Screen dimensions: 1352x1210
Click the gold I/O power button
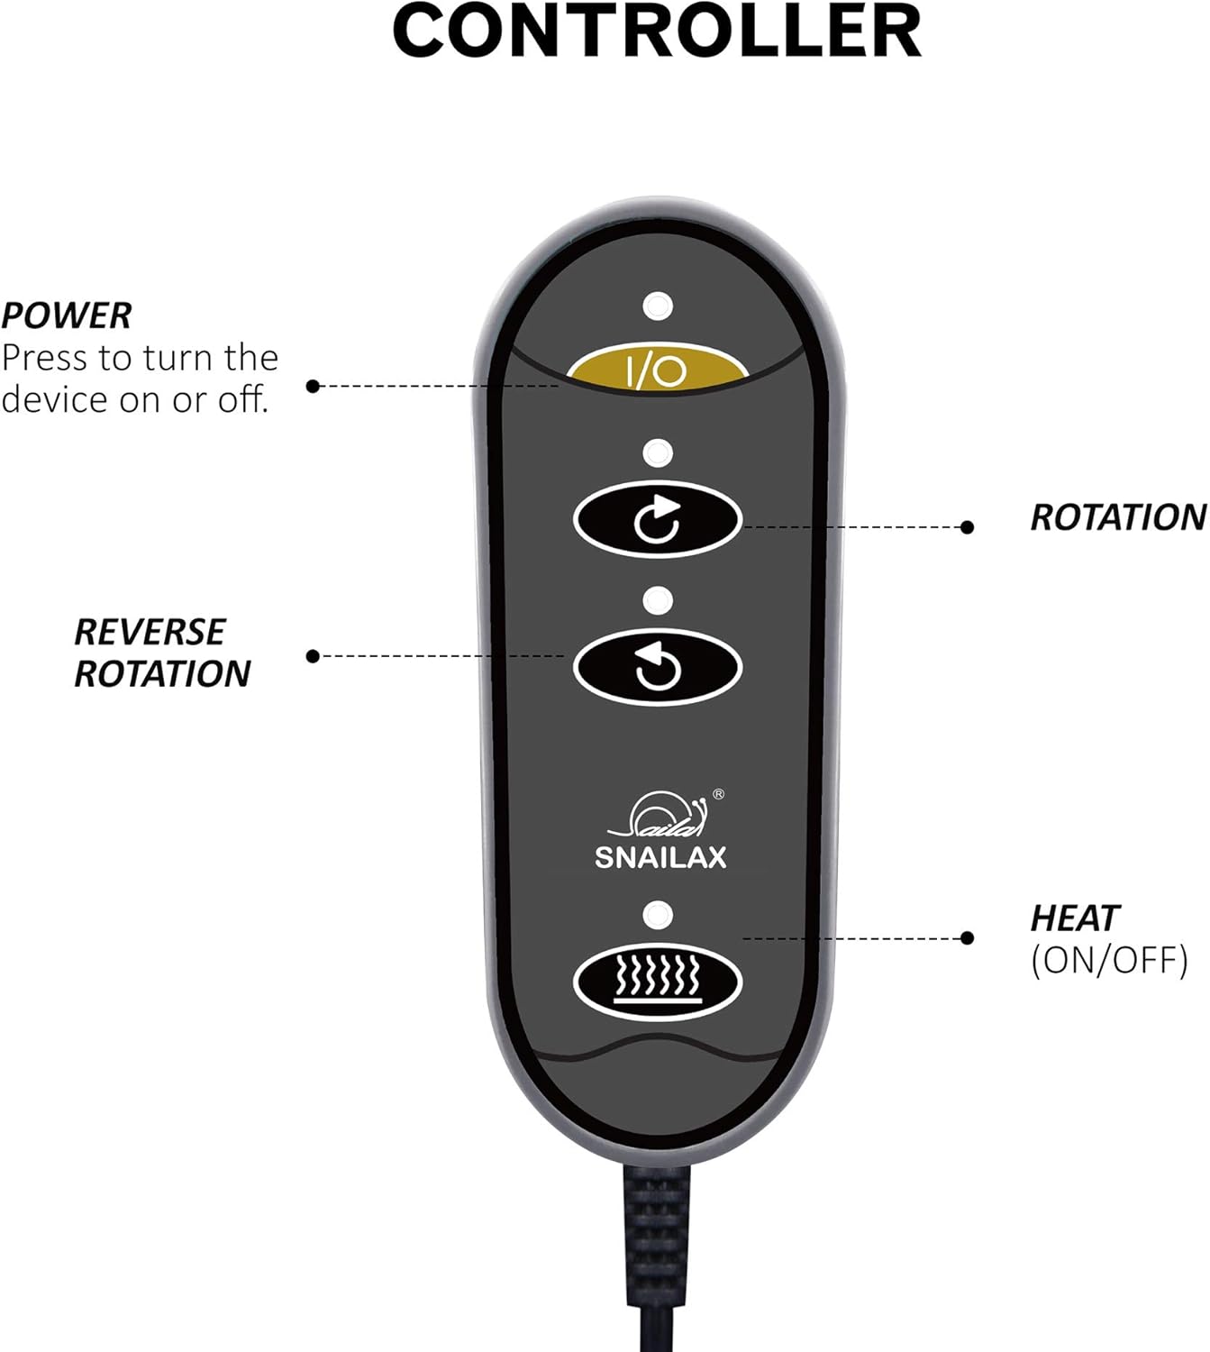tap(658, 368)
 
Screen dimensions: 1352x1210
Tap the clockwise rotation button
tap(658, 520)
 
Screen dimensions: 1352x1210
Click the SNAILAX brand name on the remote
tap(660, 857)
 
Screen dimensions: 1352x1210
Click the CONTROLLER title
tap(657, 32)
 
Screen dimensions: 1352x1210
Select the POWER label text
tap(67, 316)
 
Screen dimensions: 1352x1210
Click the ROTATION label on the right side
tap(1117, 517)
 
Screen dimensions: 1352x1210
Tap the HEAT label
tap(1074, 919)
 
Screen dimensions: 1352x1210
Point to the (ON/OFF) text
tap(1109, 961)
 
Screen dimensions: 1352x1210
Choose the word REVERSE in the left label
tap(150, 633)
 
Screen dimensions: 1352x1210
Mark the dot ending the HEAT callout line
tap(967, 938)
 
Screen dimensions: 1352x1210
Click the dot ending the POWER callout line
tap(313, 386)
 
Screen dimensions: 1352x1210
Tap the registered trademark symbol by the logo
tap(718, 794)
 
